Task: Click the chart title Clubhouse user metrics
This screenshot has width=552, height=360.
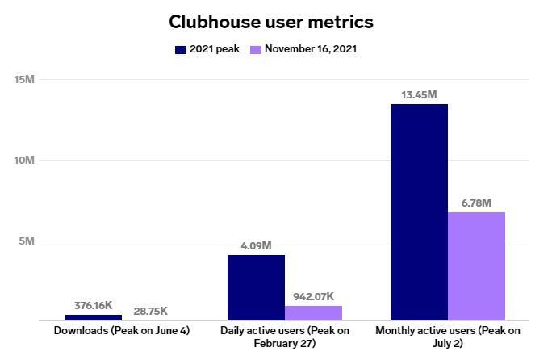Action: tap(271, 21)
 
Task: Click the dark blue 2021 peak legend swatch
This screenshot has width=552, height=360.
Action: tap(181, 50)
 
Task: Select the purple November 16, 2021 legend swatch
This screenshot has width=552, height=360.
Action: tap(256, 50)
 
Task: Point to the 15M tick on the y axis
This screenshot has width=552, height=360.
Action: tap(24, 79)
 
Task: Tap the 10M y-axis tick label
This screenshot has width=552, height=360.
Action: tap(24, 160)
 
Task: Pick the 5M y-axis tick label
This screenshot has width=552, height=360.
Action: tap(27, 241)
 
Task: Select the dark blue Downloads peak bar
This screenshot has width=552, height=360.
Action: tap(93, 317)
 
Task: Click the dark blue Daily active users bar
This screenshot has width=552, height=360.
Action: tap(256, 287)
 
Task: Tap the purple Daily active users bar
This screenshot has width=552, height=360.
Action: tap(313, 313)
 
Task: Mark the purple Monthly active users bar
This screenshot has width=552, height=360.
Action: tap(476, 266)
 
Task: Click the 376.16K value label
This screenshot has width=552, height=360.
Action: tap(93, 306)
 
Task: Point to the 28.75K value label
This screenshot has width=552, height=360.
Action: tap(152, 310)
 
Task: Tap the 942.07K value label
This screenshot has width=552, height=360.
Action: tap(314, 296)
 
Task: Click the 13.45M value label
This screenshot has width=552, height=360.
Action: tap(419, 95)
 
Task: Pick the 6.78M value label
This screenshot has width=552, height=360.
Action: tap(476, 203)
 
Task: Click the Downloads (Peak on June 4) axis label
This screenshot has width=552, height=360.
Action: tap(122, 331)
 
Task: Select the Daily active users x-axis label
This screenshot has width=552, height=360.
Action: tap(285, 337)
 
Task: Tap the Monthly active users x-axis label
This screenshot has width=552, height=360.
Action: tap(448, 337)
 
